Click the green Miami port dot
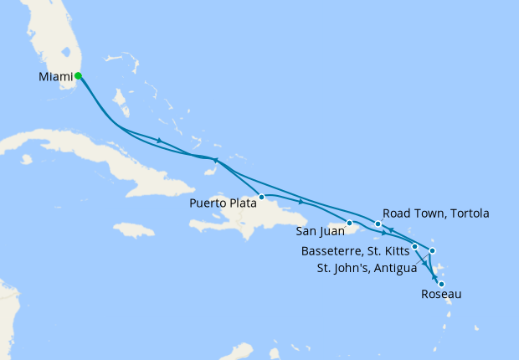click(78, 75)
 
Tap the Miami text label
click(54, 77)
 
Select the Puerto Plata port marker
click(262, 198)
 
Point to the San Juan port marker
click(349, 223)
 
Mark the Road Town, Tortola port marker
click(378, 224)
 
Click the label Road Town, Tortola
click(435, 213)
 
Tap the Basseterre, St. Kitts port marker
click(414, 246)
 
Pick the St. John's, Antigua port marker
click(432, 250)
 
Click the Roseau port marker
click(441, 285)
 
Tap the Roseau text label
click(440, 295)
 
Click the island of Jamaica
click(134, 229)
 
